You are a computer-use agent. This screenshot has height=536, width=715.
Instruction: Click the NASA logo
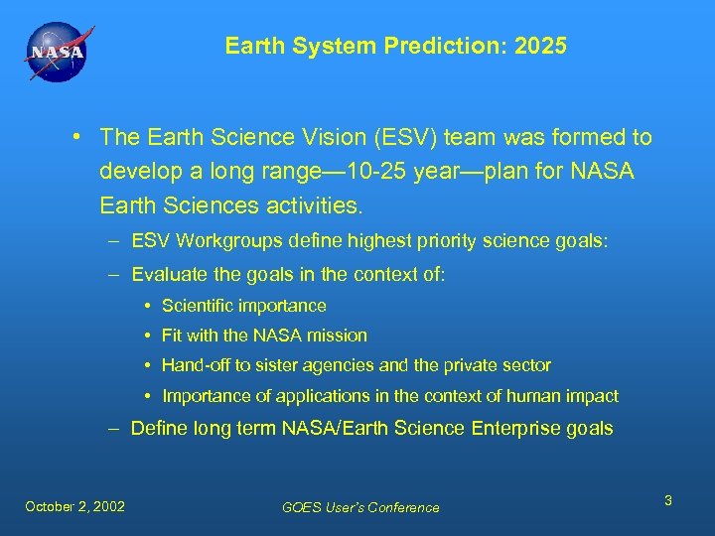click(57, 54)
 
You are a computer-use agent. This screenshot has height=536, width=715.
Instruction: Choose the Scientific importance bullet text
click(243, 306)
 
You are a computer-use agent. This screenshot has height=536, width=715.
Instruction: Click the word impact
click(592, 396)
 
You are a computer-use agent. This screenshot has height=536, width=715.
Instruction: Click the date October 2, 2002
click(75, 506)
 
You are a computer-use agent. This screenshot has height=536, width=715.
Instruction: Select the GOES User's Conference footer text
click(360, 507)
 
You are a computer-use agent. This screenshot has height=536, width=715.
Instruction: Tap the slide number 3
click(668, 500)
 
